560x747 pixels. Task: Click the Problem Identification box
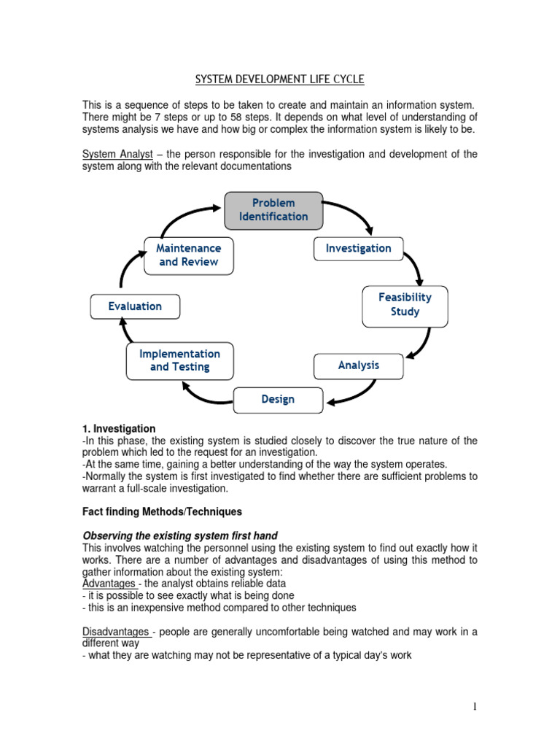[x=273, y=209]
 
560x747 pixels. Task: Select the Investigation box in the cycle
[x=358, y=248]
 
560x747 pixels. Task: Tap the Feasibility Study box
[x=405, y=305]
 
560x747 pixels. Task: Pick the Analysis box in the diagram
[x=358, y=365]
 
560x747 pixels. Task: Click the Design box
[x=278, y=400]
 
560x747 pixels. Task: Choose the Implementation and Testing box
[x=179, y=360]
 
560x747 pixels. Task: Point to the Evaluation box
[x=135, y=306]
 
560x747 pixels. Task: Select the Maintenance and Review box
[x=189, y=255]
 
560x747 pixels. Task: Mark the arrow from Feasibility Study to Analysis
[x=421, y=343]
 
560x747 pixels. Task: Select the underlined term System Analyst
[x=117, y=154]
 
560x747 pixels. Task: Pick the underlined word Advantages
[x=109, y=584]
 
